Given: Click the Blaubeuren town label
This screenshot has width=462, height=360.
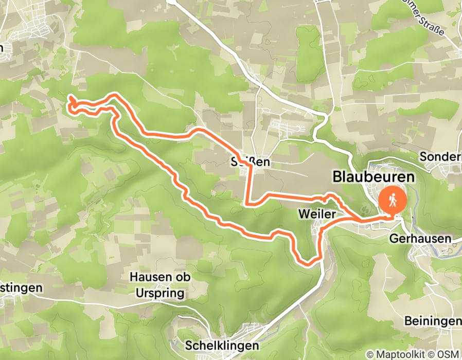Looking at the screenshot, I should (374, 176).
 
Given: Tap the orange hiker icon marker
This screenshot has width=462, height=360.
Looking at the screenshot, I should (393, 200).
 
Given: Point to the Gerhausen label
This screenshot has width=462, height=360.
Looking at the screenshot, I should (420, 239).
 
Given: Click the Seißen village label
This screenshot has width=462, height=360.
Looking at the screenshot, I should (251, 163).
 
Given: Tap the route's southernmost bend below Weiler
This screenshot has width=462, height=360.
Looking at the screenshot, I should (307, 264).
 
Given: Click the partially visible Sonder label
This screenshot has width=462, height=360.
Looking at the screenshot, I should (440, 156).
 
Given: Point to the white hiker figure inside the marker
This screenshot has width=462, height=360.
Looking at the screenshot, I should (393, 199).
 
